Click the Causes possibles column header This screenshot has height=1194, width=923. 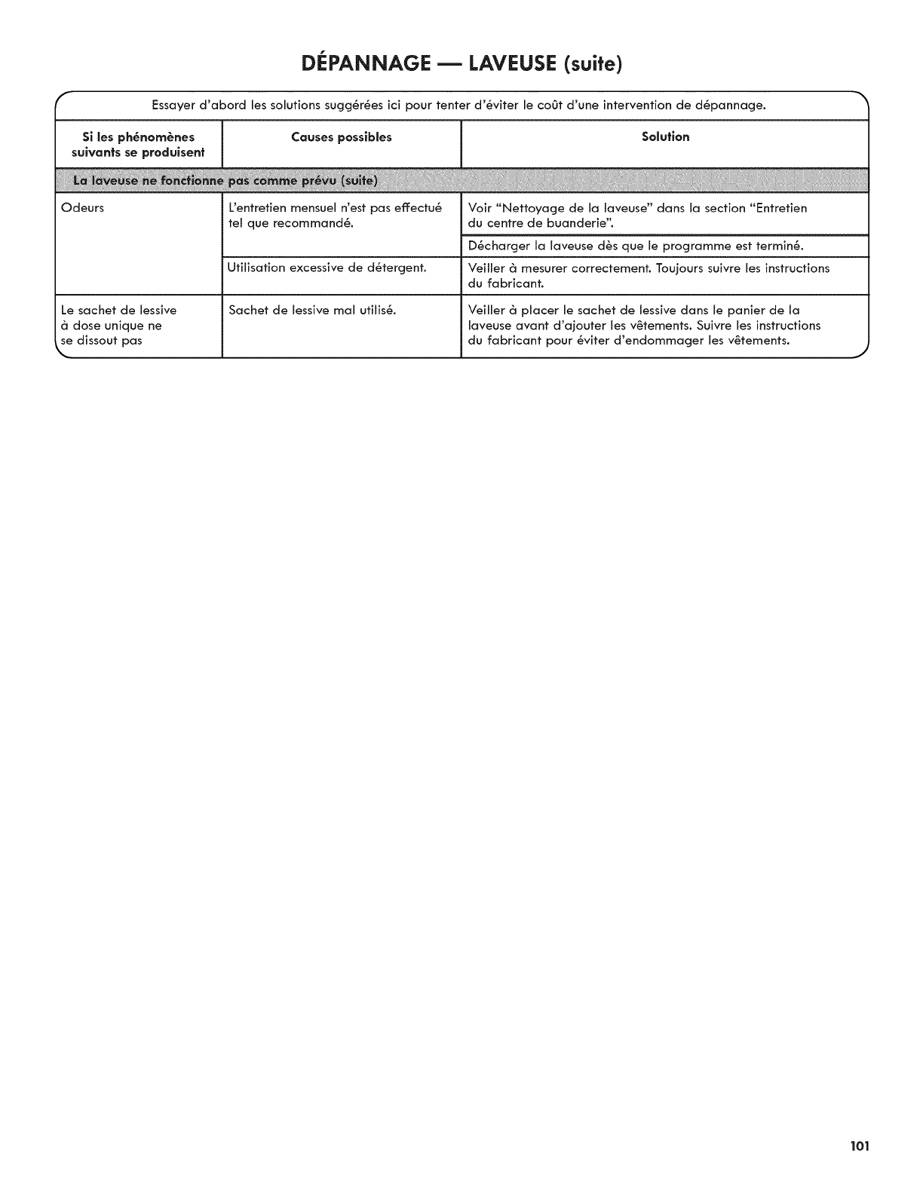tap(342, 136)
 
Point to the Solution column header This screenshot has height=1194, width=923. tap(665, 136)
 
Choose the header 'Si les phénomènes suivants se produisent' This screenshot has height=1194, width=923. tap(138, 144)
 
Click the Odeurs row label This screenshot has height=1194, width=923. tap(82, 208)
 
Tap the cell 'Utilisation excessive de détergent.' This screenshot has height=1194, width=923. tap(327, 268)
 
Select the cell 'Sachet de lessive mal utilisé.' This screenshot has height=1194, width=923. tap(312, 310)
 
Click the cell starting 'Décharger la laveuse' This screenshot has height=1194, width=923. tap(636, 246)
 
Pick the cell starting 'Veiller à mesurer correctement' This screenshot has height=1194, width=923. tap(649, 275)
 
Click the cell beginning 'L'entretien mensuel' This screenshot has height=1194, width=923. tap(334, 216)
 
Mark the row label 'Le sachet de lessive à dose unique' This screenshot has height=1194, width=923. tap(118, 325)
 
